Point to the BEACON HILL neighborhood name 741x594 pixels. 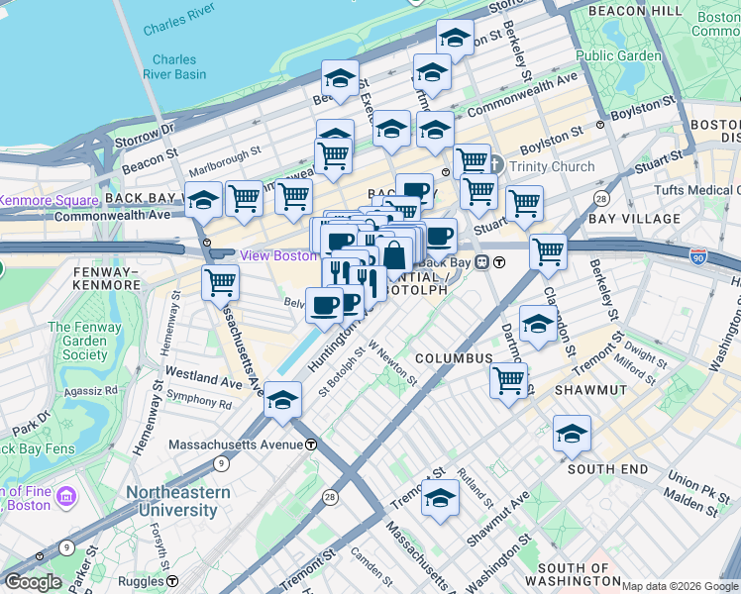(x=635, y=10)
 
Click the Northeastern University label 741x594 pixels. (x=171, y=502)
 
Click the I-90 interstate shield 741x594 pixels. (x=699, y=253)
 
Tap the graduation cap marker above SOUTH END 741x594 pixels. (x=572, y=434)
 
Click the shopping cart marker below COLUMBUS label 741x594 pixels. (x=508, y=379)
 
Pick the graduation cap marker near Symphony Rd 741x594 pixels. (x=282, y=399)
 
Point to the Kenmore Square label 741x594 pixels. (x=35, y=200)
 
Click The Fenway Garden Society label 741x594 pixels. (x=77, y=341)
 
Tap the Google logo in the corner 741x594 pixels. (x=34, y=582)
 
